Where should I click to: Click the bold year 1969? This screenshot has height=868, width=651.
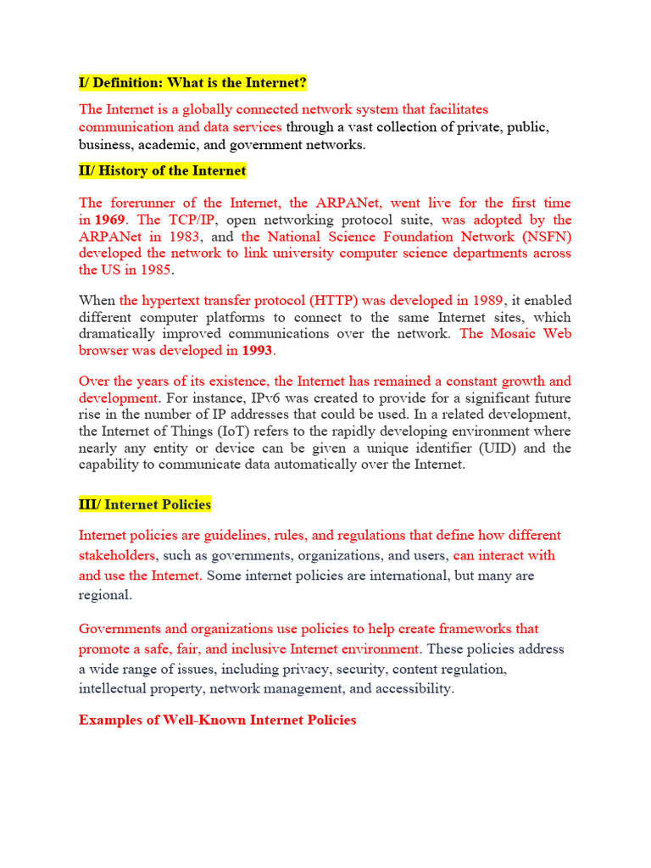pyautogui.click(x=109, y=220)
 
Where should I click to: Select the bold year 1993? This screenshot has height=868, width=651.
pyautogui.click(x=259, y=350)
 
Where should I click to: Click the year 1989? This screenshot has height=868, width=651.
pyautogui.click(x=485, y=300)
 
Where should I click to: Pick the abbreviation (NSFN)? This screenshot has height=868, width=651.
pyautogui.click(x=546, y=236)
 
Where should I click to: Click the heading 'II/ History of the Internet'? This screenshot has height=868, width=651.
pyautogui.click(x=163, y=171)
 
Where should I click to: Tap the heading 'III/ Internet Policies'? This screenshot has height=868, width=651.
pyautogui.click(x=145, y=504)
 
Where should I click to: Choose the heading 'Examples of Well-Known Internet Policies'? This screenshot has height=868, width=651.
pyautogui.click(x=218, y=720)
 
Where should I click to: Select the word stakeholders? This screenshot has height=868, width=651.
pyautogui.click(x=117, y=556)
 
